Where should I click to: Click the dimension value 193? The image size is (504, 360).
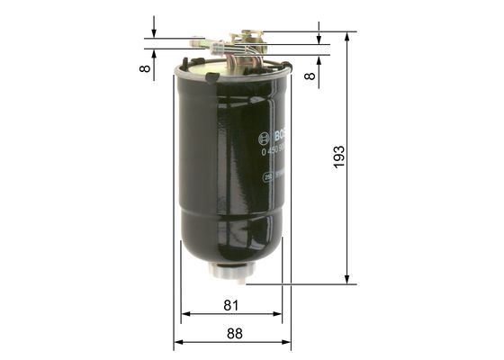[x=339, y=158]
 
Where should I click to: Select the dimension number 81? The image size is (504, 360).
[x=230, y=306]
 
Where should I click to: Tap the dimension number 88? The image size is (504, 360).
[x=234, y=334]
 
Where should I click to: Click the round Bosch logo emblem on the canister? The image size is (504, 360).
[x=264, y=137]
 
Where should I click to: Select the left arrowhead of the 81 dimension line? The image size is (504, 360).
[x=185, y=314]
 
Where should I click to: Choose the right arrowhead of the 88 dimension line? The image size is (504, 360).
[x=287, y=343]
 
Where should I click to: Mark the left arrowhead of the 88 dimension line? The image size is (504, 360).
[x=177, y=343]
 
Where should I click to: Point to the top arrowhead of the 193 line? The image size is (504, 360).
[x=346, y=35]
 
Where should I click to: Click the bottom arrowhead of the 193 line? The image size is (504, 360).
[x=346, y=280]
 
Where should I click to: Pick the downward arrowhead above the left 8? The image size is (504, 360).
[x=154, y=33]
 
